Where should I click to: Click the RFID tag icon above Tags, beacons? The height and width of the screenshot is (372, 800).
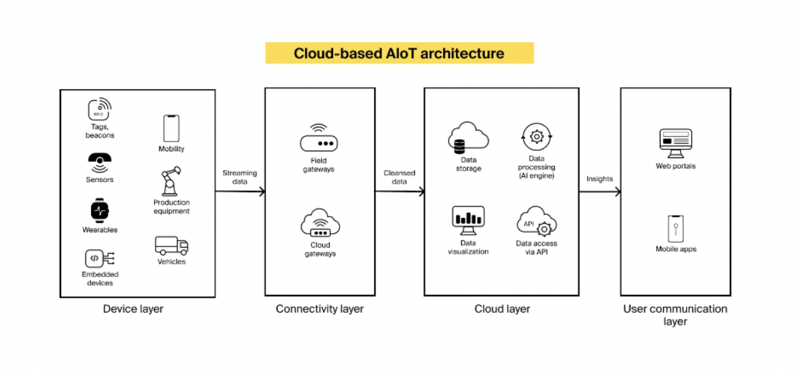click(100, 109)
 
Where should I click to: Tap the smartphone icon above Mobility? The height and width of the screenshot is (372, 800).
click(171, 128)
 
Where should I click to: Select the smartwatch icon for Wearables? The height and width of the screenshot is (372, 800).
click(100, 211)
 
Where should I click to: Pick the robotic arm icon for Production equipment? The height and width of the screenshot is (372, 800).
click(171, 181)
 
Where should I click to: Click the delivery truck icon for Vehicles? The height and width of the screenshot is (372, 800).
click(171, 246)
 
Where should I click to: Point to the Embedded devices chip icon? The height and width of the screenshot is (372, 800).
click(100, 258)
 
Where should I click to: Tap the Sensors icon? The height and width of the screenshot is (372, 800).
click(100, 163)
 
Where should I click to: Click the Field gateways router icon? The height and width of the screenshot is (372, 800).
click(318, 138)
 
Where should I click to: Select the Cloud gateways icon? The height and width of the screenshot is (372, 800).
click(320, 223)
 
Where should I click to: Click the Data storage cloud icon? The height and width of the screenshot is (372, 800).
click(468, 138)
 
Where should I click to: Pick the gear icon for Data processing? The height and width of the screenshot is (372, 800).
click(536, 137)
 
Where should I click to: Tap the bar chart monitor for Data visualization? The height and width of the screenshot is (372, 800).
click(468, 221)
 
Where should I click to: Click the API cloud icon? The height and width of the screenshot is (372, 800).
click(536, 221)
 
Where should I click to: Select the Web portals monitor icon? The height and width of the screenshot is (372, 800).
click(675, 143)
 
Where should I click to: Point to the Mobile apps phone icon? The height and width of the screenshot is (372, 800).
click(676, 229)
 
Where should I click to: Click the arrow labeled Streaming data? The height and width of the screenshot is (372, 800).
click(241, 192)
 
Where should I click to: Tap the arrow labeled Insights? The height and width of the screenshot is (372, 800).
click(600, 192)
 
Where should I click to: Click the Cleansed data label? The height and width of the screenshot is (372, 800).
click(399, 177)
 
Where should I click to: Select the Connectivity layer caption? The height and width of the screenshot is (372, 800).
click(320, 309)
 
